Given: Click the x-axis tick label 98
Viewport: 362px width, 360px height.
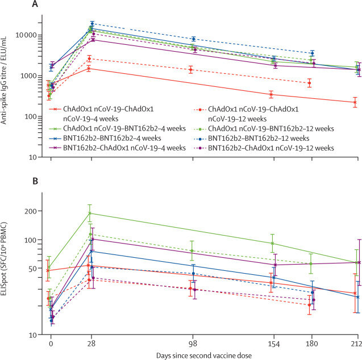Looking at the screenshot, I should (x=193, y=344).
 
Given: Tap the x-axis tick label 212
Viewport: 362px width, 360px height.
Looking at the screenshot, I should (x=356, y=344).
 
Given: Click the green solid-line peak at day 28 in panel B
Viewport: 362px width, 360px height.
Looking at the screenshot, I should (x=91, y=214).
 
